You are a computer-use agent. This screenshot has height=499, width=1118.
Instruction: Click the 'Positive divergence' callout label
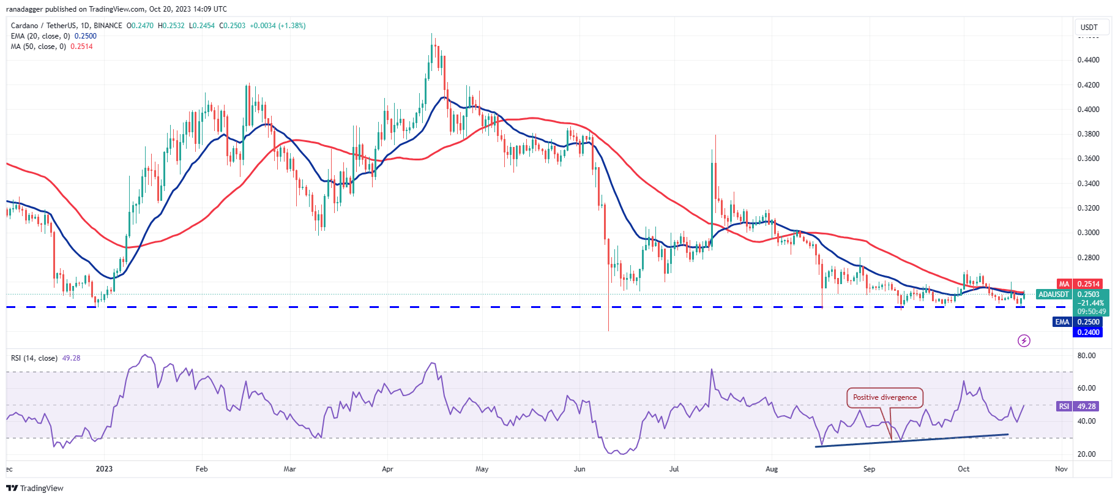pos(884,397)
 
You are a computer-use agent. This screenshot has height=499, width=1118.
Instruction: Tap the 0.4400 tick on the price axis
pos(1088,60)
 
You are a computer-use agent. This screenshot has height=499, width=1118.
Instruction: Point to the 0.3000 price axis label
pos(1088,233)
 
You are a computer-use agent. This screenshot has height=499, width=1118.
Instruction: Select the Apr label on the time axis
pos(387,469)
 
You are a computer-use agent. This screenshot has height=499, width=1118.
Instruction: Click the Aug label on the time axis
pos(772,469)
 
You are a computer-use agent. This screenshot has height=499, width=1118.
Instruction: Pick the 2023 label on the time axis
pos(104,469)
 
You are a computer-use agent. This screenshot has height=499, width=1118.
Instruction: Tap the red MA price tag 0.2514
pos(1088,284)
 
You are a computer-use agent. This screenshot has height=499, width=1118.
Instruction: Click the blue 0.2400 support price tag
pos(1088,332)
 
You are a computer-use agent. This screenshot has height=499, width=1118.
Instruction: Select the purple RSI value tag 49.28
pos(1086,407)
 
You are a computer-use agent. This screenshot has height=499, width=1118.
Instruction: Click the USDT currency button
pos(1089,28)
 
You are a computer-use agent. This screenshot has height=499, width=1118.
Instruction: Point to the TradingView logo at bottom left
pos(35,488)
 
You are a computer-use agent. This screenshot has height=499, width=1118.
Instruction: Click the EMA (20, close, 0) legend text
pos(40,36)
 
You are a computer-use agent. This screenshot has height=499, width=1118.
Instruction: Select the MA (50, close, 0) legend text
pos(39,47)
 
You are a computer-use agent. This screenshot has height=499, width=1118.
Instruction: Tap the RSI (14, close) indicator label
pos(34,358)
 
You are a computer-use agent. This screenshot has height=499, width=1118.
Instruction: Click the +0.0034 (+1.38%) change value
pos(278,26)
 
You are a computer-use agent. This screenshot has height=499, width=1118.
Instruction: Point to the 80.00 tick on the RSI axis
pos(1086,356)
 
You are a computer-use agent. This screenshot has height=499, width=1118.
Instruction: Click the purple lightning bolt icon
pos(1024,340)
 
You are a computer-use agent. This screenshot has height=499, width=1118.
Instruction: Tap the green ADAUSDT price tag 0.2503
pos(1089,295)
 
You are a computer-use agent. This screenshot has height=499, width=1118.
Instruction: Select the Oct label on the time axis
pos(964,469)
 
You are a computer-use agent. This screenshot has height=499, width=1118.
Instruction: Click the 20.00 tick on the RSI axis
pos(1086,454)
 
